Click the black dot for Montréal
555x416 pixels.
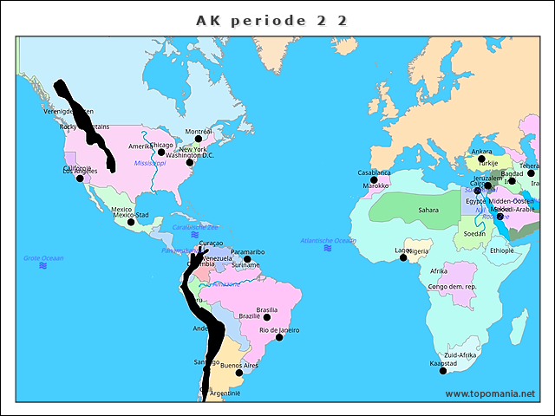pos(198,139)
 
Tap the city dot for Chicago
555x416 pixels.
pos(161,153)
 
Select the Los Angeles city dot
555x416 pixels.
pos(81,179)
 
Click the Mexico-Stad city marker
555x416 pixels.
pos(131,222)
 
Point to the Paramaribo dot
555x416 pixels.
pos(247,259)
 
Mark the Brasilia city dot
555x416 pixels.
pos(267,317)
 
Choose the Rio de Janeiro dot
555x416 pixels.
pos(279,337)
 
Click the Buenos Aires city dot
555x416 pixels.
pos(239,373)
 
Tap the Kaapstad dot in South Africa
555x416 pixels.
pos(443,371)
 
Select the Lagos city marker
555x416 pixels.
pos(403,257)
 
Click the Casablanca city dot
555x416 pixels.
pos(375,179)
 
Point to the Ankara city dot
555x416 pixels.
pos(481,159)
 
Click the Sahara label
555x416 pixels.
pos(428,210)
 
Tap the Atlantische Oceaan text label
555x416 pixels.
pos(328,240)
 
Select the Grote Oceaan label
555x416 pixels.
pos(43,257)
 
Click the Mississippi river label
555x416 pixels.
pos(149,163)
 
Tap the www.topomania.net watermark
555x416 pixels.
pos(490,393)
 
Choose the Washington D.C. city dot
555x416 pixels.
pos(190,162)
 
